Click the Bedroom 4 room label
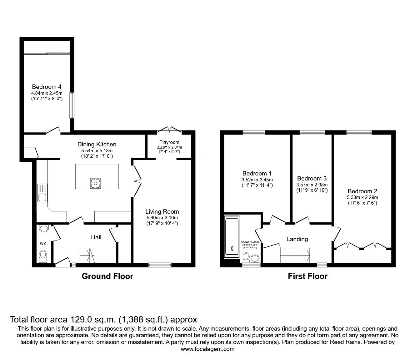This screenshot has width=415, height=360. [47, 87]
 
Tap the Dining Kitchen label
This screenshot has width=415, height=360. [97, 144]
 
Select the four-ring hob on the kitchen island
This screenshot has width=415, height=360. [96, 183]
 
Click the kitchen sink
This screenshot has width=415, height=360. [42, 197]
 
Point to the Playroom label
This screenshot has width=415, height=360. [169, 142]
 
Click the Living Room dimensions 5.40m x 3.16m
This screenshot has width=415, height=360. [162, 218]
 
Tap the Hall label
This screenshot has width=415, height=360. [96, 237]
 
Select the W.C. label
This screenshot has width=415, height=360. [43, 243]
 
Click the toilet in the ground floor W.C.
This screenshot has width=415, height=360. [43, 256]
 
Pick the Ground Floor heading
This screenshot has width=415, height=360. [107, 276]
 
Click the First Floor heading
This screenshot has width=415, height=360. [307, 276]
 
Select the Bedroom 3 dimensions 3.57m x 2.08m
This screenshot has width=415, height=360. [312, 185]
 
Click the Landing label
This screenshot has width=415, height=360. [297, 239]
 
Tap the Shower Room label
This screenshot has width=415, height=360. [250, 242]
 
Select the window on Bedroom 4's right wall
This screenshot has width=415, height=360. [72, 105]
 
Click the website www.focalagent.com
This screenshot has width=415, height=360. [207, 349]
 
